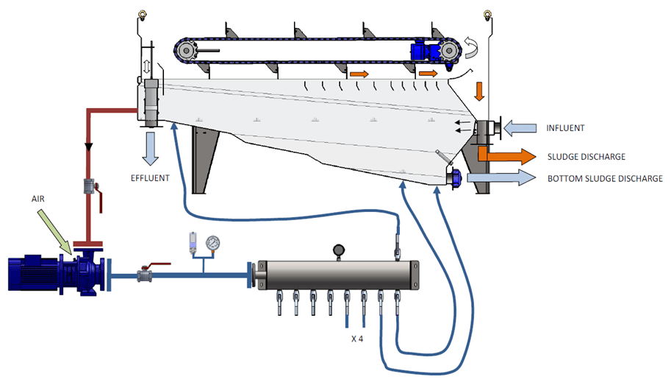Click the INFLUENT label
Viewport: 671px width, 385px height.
pos(566,128)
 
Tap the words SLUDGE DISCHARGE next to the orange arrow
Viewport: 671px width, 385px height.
pos(586,157)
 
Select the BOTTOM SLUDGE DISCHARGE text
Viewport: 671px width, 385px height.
pos(605,178)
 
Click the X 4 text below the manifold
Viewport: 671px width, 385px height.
pos(357,340)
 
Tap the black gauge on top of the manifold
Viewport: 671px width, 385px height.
pos(337,250)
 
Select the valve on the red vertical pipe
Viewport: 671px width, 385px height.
pos(90,187)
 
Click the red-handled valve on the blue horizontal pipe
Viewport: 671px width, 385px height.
pos(148,275)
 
